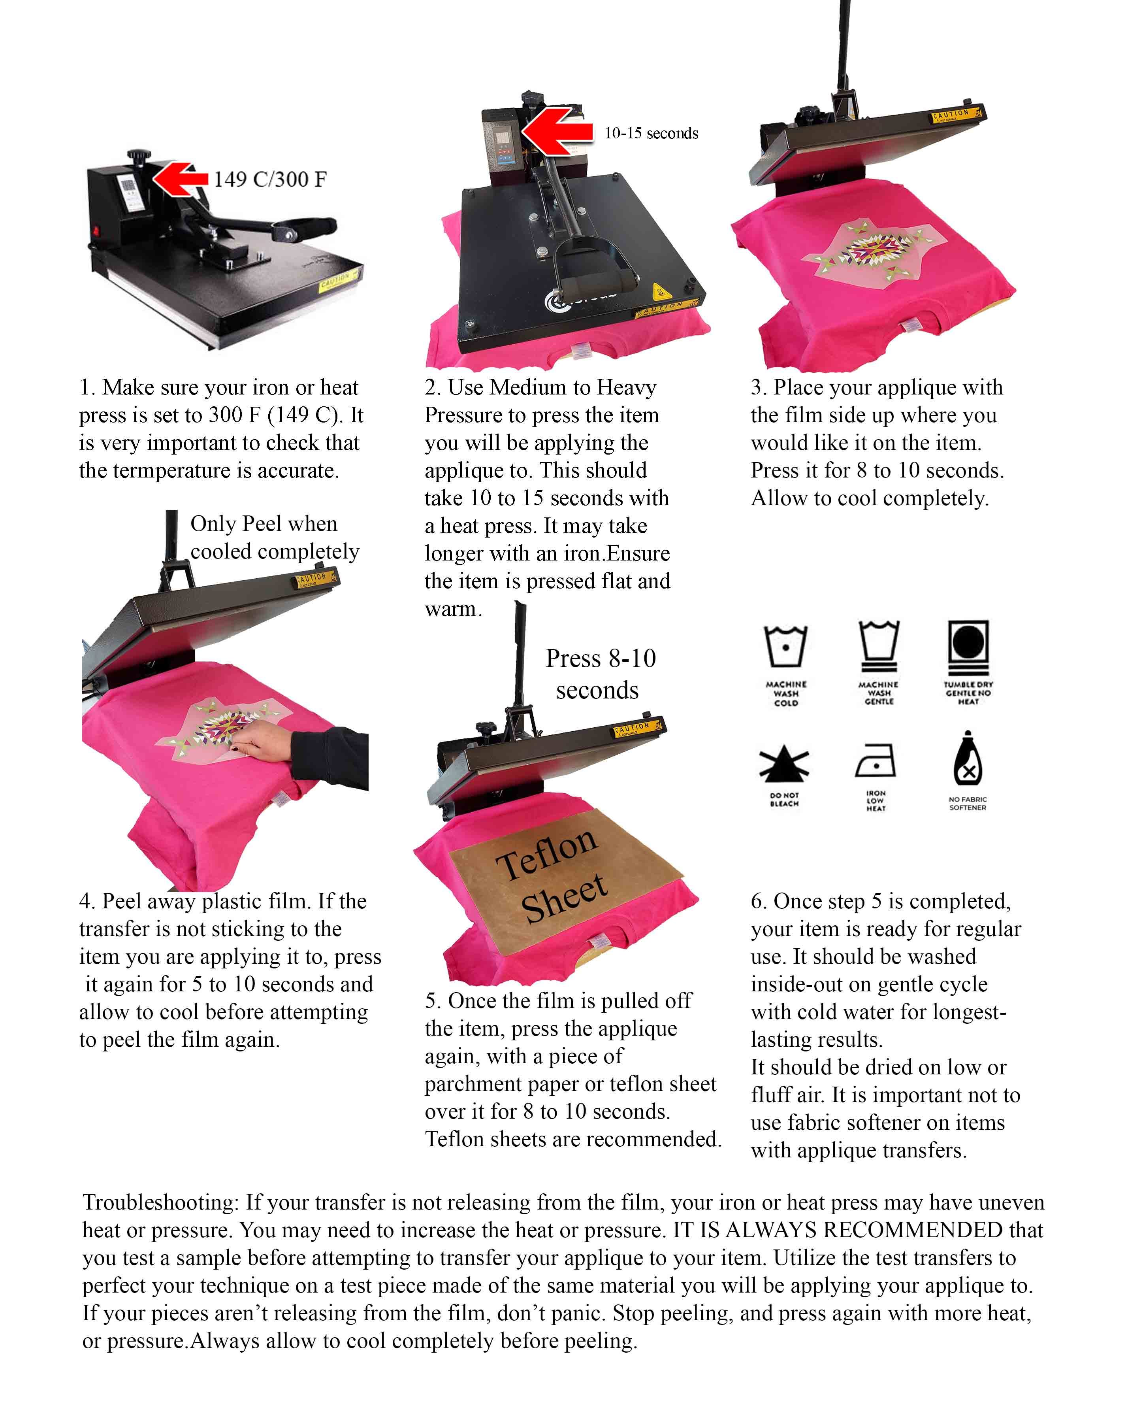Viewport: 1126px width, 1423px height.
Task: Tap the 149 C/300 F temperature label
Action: click(x=269, y=179)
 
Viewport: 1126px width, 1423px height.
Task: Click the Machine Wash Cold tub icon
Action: click(x=785, y=646)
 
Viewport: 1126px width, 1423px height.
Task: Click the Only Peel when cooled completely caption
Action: click(x=274, y=538)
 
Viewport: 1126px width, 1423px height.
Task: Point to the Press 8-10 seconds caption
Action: click(x=599, y=674)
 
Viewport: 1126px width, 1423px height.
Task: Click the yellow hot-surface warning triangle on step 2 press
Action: click(x=658, y=291)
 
